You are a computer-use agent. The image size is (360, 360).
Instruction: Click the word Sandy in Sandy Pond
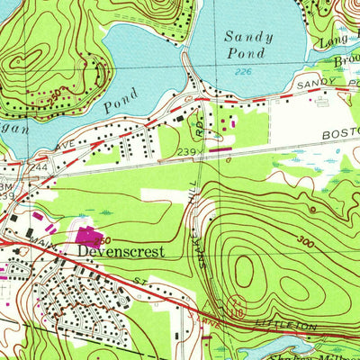click(x=242, y=37)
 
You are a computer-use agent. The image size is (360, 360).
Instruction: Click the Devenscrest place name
click(x=121, y=252)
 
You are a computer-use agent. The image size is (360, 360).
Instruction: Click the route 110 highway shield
click(x=238, y=309)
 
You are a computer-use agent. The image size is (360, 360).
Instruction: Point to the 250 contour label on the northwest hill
click(x=57, y=92)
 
